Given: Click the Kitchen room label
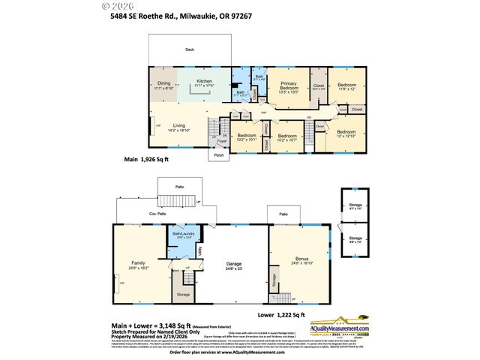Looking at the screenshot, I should (204, 82).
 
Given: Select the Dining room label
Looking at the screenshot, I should (163, 84).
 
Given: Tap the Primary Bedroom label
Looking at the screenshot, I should (289, 85).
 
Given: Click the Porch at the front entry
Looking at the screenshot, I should (220, 155).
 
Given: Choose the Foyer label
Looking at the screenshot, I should (221, 141).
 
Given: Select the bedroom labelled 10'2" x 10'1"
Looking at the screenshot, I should (246, 136).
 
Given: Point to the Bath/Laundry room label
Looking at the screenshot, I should (184, 233).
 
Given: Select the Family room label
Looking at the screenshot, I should (138, 263).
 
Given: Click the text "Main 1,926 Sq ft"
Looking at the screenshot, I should (146, 160).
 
